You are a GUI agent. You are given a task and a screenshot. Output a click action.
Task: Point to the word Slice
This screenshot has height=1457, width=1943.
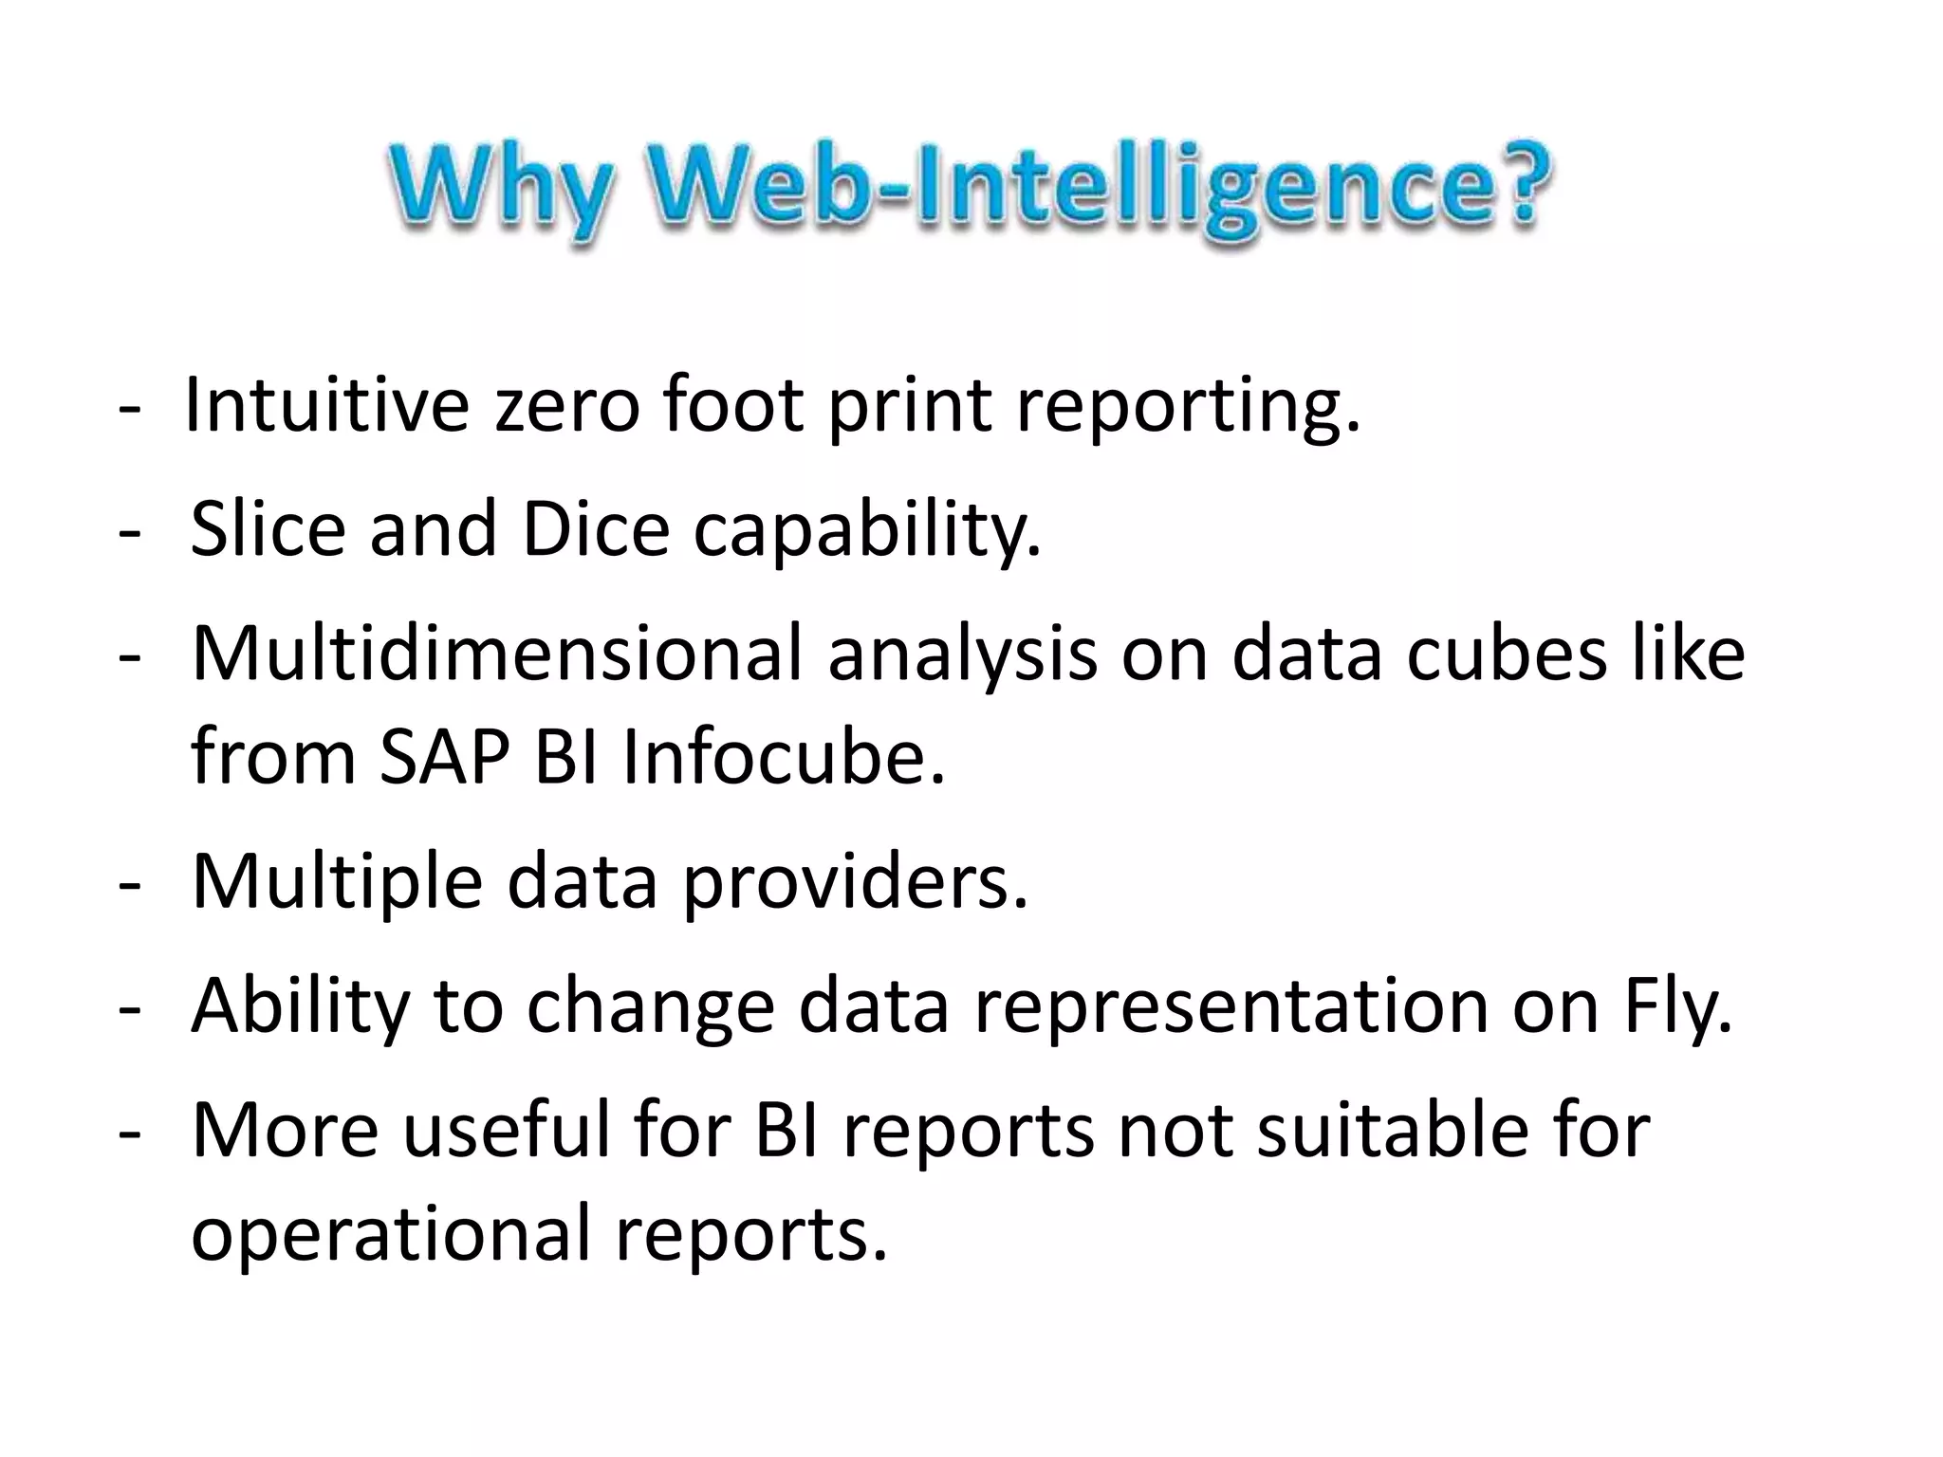tap(268, 528)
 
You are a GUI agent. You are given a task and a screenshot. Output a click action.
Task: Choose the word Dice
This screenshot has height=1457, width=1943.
tap(596, 528)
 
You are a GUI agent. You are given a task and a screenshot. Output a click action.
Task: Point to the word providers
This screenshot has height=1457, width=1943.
tap(855, 882)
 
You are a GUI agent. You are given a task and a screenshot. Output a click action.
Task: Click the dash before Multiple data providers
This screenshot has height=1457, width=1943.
tap(130, 882)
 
